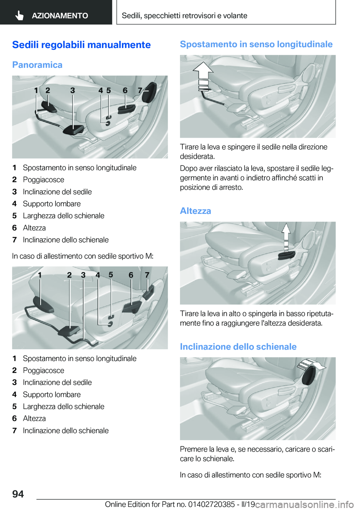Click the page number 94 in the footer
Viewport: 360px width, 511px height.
point(18,494)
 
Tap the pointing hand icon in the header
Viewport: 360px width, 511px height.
point(19,16)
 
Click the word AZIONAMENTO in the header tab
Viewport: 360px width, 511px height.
point(60,15)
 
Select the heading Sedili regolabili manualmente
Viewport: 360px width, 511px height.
point(81,45)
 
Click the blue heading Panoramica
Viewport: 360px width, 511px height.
point(37,65)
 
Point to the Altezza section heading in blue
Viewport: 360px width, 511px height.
point(195,211)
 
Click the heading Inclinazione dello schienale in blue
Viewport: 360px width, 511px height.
point(238,347)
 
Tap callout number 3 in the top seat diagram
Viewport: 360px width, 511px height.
point(72,90)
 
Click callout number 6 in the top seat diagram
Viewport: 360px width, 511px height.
point(125,90)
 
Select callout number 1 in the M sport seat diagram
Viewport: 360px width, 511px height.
point(40,275)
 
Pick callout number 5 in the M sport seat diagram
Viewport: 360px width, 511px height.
point(111,275)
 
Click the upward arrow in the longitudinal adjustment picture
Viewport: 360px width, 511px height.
point(202,77)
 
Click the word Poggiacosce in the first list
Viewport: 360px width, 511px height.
point(43,180)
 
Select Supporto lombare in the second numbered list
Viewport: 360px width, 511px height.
point(52,394)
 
